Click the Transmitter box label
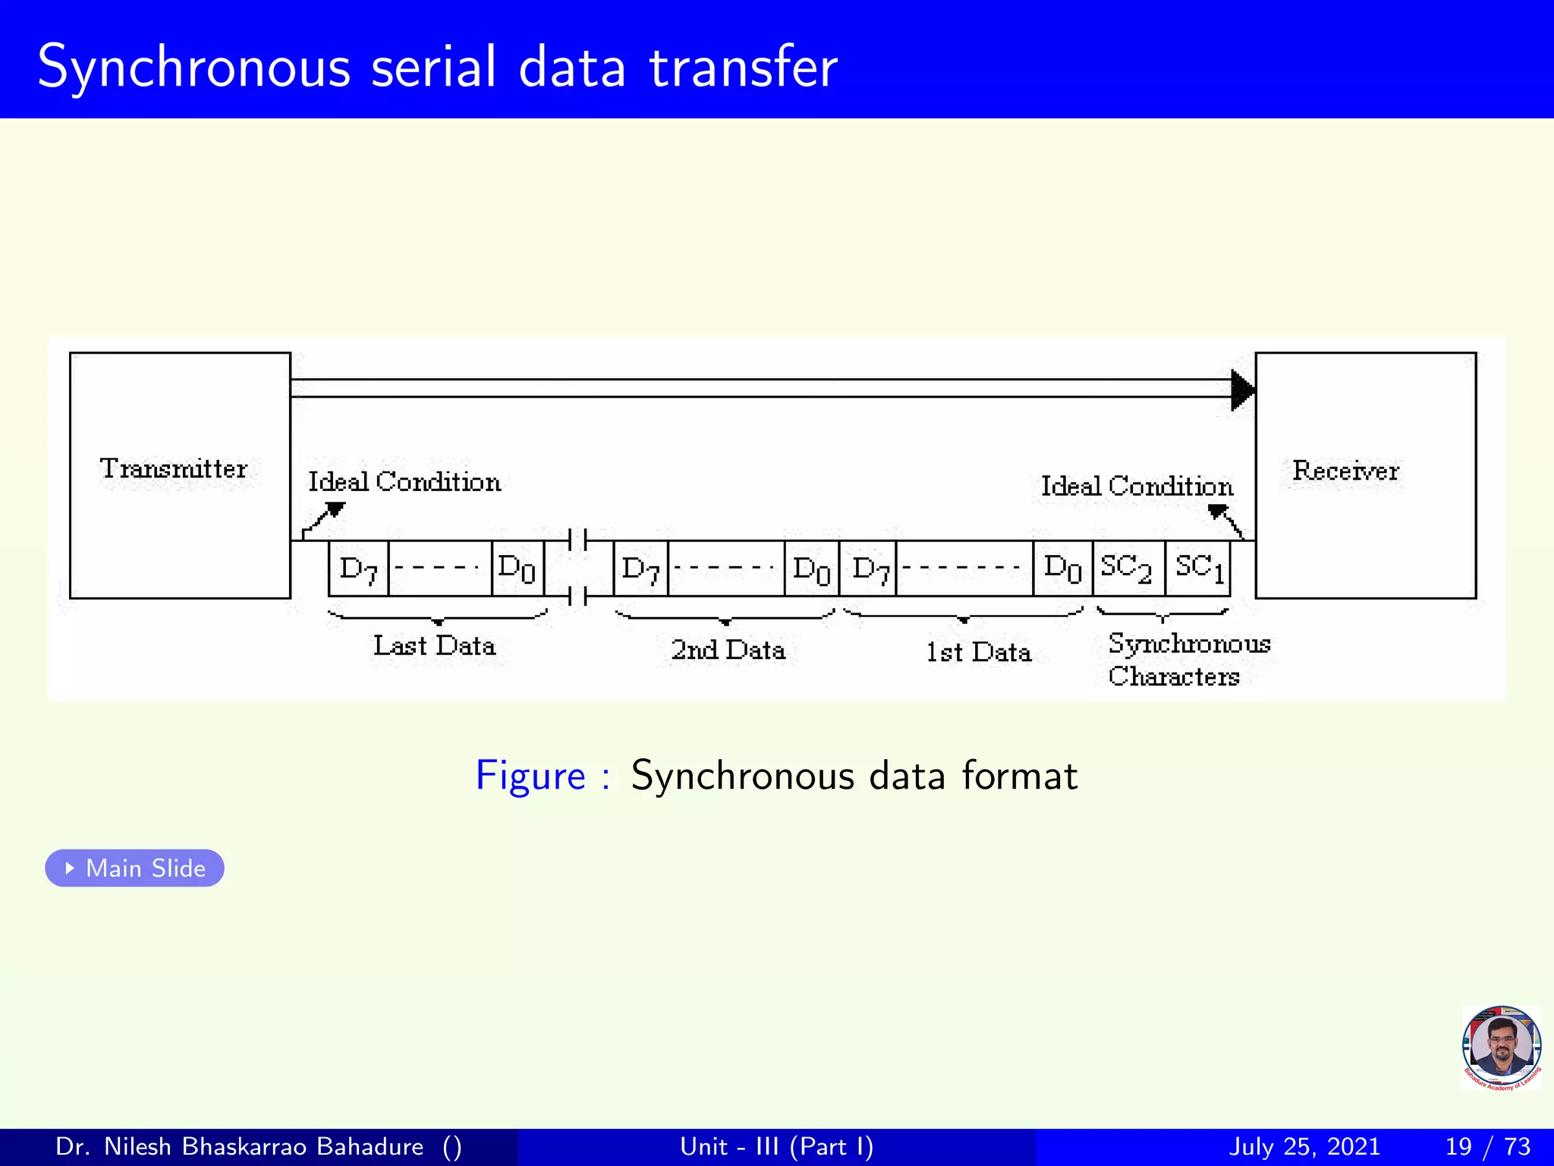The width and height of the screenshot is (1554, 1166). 174,468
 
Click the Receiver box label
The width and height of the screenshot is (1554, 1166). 1345,471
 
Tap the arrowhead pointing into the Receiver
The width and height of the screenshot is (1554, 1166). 1242,390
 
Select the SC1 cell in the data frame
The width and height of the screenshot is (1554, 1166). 1198,568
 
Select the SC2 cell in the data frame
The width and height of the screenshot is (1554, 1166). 1128,568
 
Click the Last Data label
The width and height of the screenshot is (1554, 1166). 434,646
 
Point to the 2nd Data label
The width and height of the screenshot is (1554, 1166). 727,650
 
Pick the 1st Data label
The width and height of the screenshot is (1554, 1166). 978,652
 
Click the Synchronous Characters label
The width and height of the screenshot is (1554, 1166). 1188,659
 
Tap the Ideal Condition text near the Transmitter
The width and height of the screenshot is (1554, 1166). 404,482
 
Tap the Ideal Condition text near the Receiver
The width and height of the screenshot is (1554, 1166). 1136,487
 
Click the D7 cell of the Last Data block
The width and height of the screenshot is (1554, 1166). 358,569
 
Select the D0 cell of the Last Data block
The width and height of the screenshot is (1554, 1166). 517,568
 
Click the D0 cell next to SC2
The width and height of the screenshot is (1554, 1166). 1062,568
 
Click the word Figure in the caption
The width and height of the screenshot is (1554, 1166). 530,776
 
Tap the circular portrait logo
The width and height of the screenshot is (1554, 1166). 1501,1048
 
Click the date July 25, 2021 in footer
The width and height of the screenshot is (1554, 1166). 1304,1146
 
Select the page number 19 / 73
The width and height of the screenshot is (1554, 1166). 1487,1146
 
